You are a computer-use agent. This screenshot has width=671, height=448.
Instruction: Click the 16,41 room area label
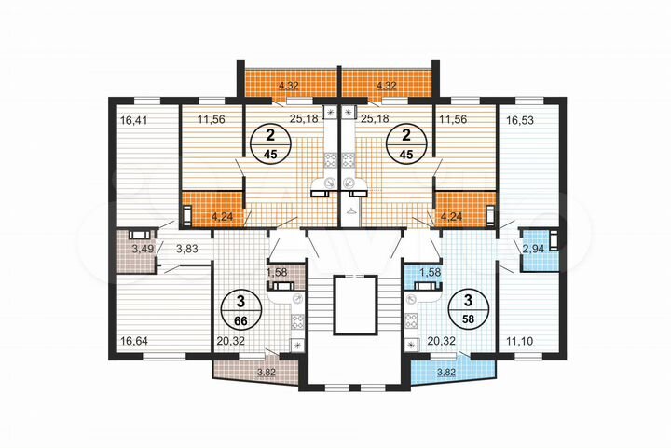pyautogui.click(x=134, y=120)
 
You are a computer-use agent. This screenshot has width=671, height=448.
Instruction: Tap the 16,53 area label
pyautogui.click(x=519, y=120)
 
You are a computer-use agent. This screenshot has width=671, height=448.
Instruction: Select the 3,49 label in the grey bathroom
pyautogui.click(x=143, y=249)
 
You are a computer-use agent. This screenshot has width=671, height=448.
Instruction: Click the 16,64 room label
pyautogui.click(x=134, y=341)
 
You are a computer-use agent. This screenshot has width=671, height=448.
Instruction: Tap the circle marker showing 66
pyautogui.click(x=242, y=309)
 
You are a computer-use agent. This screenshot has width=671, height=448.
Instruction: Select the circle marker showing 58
pyautogui.click(x=463, y=309)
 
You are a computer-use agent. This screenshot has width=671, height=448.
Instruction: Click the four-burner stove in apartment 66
pyautogui.click(x=298, y=323)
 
